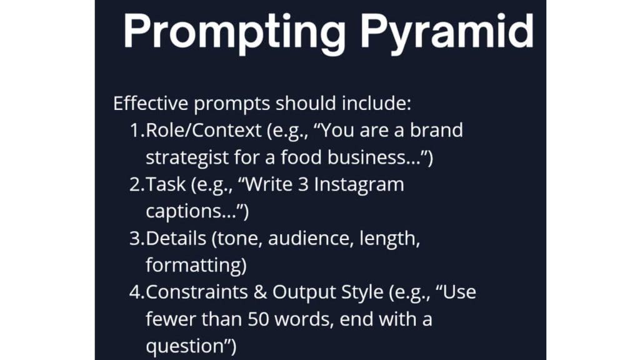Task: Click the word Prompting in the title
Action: pyautogui.click(x=234, y=33)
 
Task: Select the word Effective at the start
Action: pyautogui.click(x=151, y=103)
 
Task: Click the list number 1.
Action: pyautogui.click(x=136, y=130)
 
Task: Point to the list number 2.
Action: pyautogui.click(x=136, y=184)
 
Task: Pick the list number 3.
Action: pyautogui.click(x=136, y=238)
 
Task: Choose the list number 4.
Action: pyautogui.click(x=136, y=292)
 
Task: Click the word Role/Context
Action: pyautogui.click(x=203, y=131)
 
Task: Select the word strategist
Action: pyautogui.click(x=187, y=157)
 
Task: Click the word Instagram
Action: pyautogui.click(x=359, y=184)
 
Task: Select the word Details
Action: pyautogui.click(x=176, y=238)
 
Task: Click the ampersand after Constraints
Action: pyautogui.click(x=260, y=292)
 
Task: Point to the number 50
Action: pyautogui.click(x=258, y=319)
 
